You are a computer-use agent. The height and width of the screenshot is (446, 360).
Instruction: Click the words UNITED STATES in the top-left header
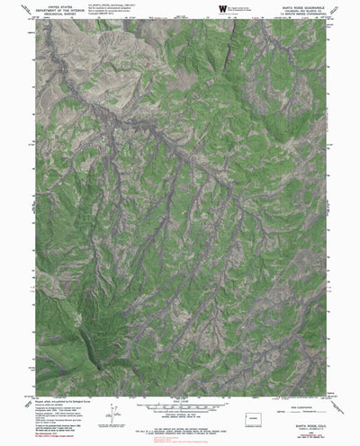[x=53, y=4]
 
